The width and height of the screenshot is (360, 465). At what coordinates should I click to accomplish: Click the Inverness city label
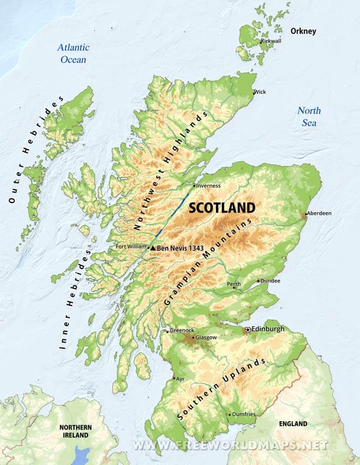point(208,185)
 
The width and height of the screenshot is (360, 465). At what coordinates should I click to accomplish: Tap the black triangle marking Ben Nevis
point(153,249)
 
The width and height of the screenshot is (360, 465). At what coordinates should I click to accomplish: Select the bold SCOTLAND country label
point(222,208)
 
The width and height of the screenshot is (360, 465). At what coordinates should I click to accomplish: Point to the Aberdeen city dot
point(305,214)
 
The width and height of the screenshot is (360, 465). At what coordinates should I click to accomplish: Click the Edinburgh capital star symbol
point(247,329)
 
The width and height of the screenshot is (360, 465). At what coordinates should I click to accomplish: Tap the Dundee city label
point(270,281)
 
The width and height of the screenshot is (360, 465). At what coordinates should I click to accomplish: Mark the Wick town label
point(259,92)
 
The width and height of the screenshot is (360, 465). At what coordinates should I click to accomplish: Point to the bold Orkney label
point(303,31)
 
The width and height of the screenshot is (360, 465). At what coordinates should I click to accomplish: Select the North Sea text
point(309,116)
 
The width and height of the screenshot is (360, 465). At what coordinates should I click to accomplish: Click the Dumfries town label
point(244,414)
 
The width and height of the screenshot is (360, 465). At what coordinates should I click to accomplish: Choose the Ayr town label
point(181,379)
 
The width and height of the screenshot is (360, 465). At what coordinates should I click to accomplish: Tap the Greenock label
point(182,330)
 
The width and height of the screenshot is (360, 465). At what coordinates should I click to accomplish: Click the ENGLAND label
point(293,423)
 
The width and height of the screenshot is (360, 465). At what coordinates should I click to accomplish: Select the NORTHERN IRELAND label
point(75,431)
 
